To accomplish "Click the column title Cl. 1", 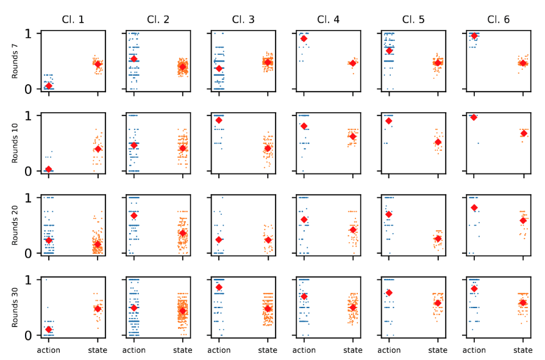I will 73,20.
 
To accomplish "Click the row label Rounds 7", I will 15,61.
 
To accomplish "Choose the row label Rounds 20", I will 15,225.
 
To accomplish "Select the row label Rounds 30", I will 15,307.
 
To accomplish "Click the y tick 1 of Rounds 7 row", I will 27,33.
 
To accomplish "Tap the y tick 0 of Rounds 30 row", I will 27,336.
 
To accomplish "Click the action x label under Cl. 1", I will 49,350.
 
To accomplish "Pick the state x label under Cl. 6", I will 522,350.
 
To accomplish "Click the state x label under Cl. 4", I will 352,350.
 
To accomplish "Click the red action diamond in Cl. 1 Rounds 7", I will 49,86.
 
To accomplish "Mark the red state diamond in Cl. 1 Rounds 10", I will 98,149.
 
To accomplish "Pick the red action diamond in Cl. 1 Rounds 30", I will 49,329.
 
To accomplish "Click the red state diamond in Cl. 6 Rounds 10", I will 523,133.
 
